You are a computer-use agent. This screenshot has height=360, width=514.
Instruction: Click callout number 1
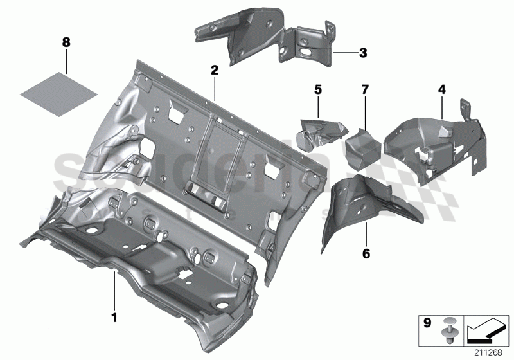coord(114,317)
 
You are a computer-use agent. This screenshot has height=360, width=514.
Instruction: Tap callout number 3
coord(363,53)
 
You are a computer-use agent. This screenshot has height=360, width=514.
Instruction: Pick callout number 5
coord(317,88)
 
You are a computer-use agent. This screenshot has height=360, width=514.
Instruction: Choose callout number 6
coord(366,254)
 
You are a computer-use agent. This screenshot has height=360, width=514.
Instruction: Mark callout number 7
coord(364,88)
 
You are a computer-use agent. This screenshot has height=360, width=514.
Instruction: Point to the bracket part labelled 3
coord(270,39)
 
